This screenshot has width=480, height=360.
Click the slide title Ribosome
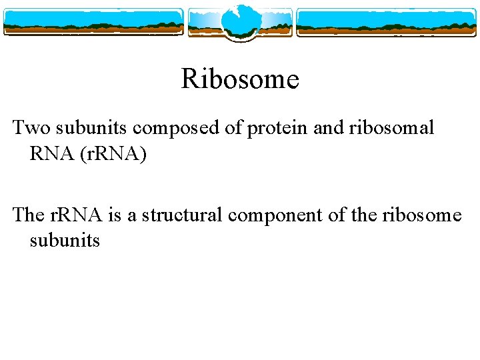tap(240, 79)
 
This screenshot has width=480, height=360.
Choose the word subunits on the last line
tap(65, 240)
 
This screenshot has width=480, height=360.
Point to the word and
tap(327, 127)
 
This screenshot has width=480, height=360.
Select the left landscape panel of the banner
tap(93, 22)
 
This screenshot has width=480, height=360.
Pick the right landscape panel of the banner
tap(386, 22)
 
